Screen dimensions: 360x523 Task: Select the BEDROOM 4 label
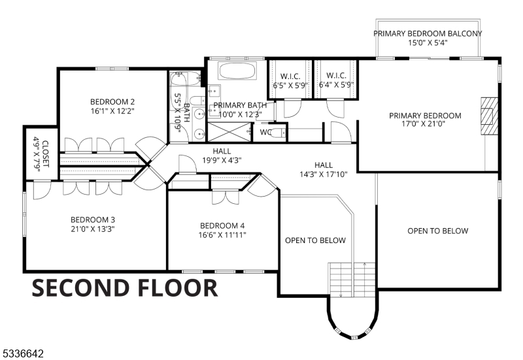[x=222, y=226]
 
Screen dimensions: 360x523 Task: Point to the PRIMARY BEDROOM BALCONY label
[x=428, y=33]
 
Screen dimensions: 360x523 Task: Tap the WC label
[x=265, y=133]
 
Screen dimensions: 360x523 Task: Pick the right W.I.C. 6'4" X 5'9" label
[x=336, y=80]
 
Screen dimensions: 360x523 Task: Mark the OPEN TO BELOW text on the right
[x=437, y=231]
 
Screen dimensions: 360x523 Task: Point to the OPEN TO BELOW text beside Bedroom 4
[x=315, y=240]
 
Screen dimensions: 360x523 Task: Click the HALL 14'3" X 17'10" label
[x=323, y=169]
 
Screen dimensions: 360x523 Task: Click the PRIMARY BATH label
[x=238, y=105]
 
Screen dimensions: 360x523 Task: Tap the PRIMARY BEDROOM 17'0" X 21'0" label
[x=425, y=120]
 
